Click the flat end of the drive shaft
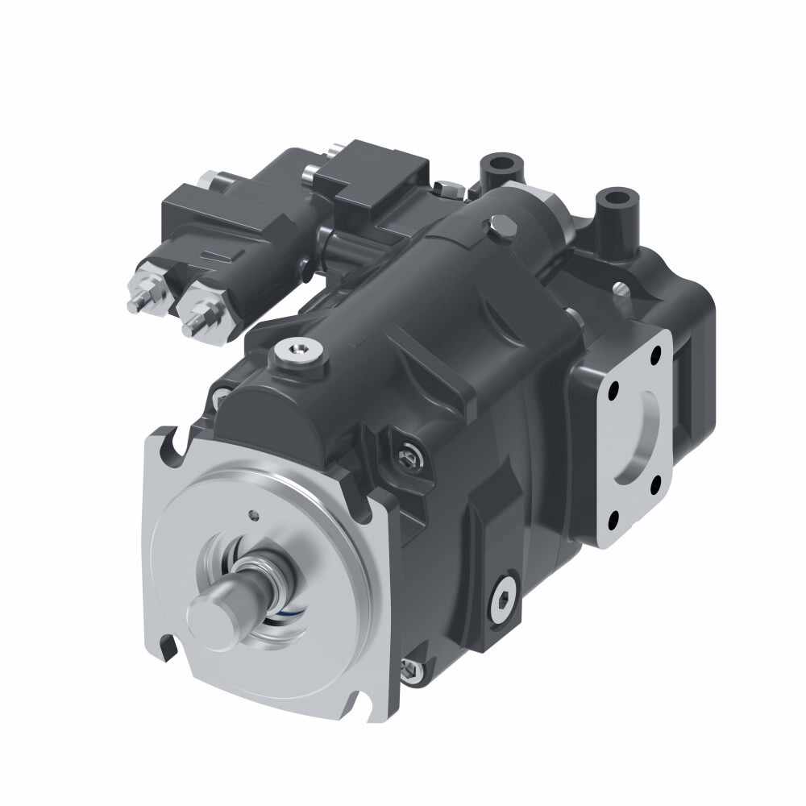point(208,614)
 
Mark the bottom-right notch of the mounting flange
point(370,706)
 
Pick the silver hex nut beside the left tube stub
point(448,190)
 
